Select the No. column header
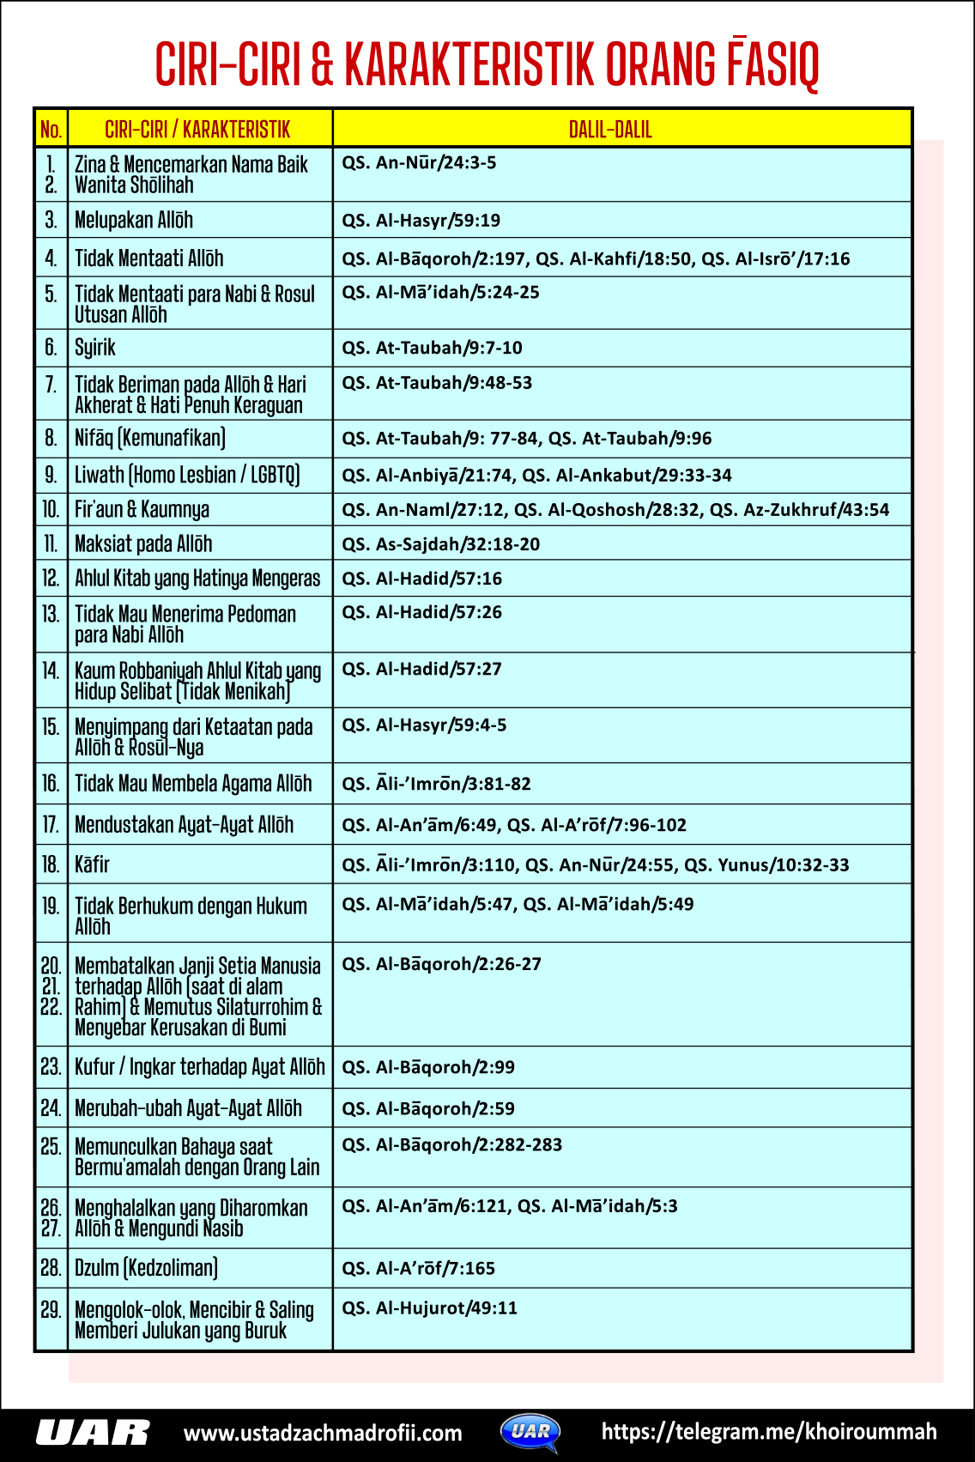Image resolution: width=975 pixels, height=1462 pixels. click(51, 130)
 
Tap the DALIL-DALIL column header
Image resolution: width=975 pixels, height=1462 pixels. click(610, 130)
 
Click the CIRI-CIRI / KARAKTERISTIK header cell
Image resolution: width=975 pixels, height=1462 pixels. click(197, 130)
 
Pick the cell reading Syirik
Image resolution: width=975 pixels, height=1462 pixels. click(95, 348)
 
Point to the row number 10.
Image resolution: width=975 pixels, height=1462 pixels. click(51, 510)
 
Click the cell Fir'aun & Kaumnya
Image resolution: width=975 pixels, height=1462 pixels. click(142, 510)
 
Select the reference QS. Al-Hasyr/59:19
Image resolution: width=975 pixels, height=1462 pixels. click(421, 221)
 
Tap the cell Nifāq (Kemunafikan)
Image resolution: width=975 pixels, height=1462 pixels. click(150, 439)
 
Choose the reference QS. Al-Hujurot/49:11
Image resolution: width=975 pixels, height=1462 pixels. click(429, 1308)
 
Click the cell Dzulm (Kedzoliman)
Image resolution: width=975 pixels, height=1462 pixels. click(146, 1268)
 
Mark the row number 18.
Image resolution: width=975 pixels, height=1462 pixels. click(51, 864)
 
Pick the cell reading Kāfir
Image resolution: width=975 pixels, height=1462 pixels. click(92, 864)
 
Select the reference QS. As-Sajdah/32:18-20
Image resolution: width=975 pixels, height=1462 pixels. click(440, 544)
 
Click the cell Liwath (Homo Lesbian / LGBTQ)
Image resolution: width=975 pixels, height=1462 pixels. click(187, 475)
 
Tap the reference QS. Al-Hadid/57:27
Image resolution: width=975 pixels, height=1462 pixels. click(421, 669)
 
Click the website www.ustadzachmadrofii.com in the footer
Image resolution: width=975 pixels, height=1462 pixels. click(323, 1433)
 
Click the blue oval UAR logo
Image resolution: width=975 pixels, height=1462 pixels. click(530, 1431)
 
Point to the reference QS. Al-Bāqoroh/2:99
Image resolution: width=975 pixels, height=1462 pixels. click(428, 1067)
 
